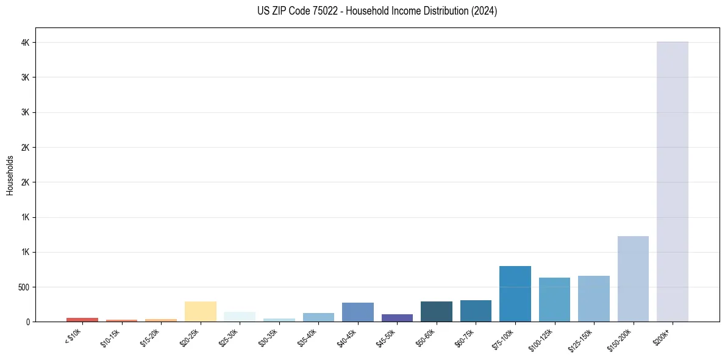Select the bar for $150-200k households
coord(633,279)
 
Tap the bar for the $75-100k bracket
coord(515,293)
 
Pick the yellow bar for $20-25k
coord(200,311)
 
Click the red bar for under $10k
coord(82,319)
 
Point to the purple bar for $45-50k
coord(397,318)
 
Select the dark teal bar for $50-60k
coord(436,311)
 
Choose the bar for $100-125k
coord(554,300)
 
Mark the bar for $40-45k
coord(357,312)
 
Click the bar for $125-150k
coord(593,298)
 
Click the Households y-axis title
coord(10,175)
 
